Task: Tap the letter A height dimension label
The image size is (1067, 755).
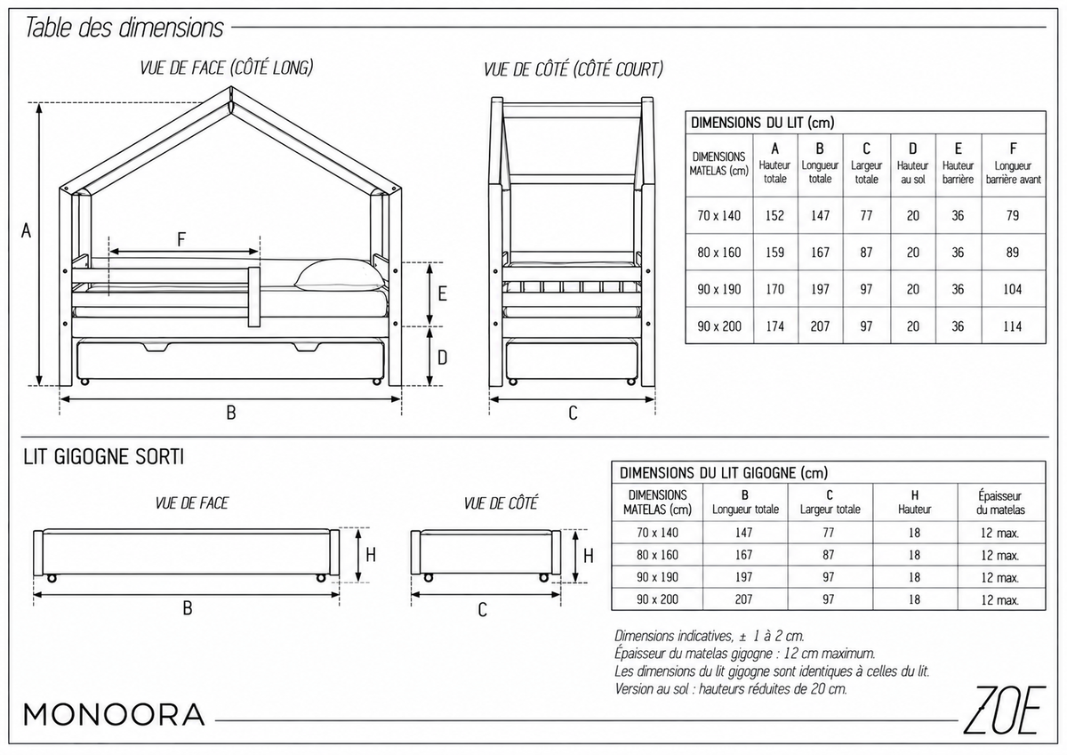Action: tap(26, 231)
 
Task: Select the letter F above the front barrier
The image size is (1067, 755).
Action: tap(181, 239)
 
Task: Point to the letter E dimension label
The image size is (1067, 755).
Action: tap(443, 293)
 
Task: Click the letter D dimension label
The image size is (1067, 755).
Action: tap(443, 357)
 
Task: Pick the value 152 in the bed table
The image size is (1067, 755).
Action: tap(775, 216)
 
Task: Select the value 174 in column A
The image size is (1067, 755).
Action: tap(775, 326)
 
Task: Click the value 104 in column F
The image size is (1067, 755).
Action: tap(1012, 289)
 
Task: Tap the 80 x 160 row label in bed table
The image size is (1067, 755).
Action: tap(719, 253)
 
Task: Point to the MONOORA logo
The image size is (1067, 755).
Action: tap(115, 714)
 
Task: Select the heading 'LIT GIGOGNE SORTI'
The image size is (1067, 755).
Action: tap(103, 457)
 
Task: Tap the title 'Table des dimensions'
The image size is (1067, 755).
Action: tap(124, 28)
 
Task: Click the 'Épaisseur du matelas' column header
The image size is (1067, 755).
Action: tap(1000, 503)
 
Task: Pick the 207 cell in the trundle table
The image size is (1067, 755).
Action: tap(743, 599)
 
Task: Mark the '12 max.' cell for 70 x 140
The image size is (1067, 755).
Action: tap(999, 533)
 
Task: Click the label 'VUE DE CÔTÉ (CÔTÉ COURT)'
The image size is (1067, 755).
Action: tap(574, 70)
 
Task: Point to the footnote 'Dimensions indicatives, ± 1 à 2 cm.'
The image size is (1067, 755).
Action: tap(710, 636)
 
